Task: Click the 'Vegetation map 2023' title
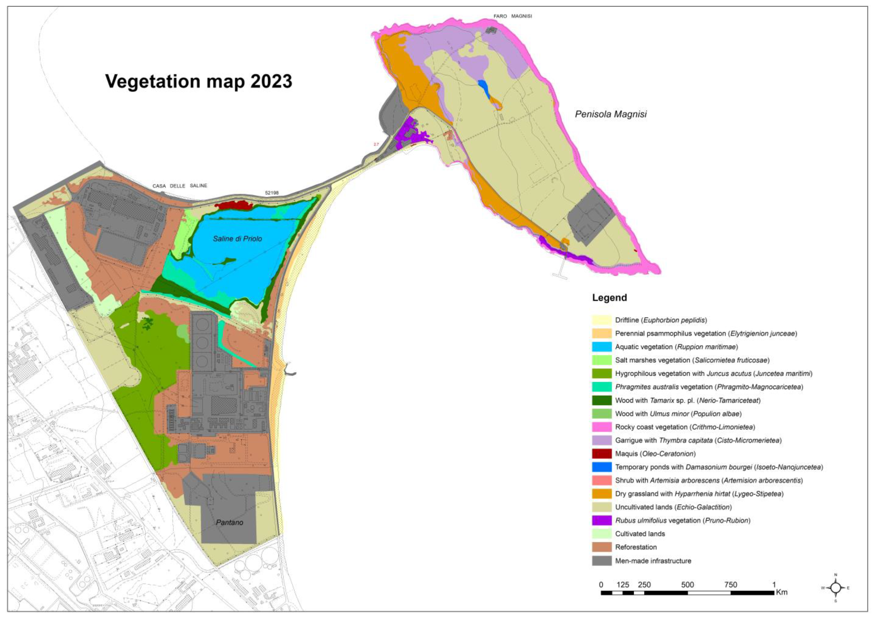pyautogui.click(x=199, y=81)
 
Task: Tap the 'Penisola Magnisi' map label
pyautogui.click(x=610, y=114)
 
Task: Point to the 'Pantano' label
pyautogui.click(x=230, y=522)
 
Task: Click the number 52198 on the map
pyautogui.click(x=271, y=193)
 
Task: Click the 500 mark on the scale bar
pyautogui.click(x=687, y=585)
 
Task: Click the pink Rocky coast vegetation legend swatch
pyautogui.click(x=602, y=427)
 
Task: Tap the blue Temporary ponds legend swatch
pyautogui.click(x=602, y=467)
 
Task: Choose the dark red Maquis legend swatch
pyautogui.click(x=602, y=454)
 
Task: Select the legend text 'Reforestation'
pyautogui.click(x=636, y=547)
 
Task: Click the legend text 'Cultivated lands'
pyautogui.click(x=640, y=534)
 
